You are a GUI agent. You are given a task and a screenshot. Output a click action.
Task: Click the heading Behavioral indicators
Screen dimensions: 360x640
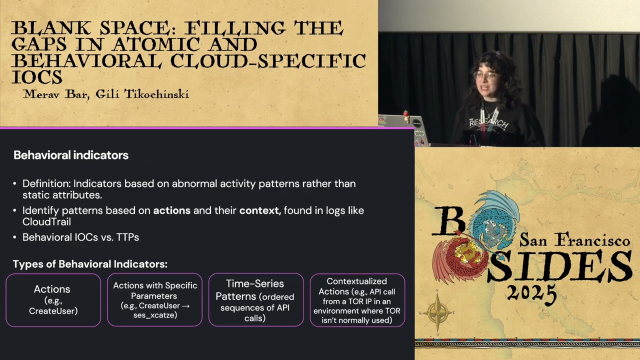coord(71,155)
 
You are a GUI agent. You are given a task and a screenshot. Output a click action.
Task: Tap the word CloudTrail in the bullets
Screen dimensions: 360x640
coord(46,221)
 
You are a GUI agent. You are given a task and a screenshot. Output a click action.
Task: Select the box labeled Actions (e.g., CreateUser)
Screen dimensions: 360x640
coord(53,300)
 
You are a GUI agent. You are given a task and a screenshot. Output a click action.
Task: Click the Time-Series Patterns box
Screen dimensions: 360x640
coord(255,300)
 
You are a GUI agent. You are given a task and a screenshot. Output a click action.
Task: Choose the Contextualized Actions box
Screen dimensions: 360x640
coord(357,300)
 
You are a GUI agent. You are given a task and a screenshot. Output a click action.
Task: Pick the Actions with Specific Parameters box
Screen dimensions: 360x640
coord(154,300)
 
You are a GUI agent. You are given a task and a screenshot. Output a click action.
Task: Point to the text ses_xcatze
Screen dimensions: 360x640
coord(155,315)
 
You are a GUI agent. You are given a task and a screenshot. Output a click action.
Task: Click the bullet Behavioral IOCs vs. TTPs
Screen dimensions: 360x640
coord(80,237)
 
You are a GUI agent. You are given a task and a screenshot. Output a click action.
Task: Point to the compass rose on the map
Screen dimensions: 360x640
coord(438,312)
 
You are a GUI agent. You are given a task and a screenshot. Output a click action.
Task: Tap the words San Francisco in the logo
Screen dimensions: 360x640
coord(574,240)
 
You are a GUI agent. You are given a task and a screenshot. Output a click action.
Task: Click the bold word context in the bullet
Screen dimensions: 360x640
coord(259,210)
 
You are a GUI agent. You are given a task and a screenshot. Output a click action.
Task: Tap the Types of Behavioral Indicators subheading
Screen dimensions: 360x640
coord(90,264)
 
